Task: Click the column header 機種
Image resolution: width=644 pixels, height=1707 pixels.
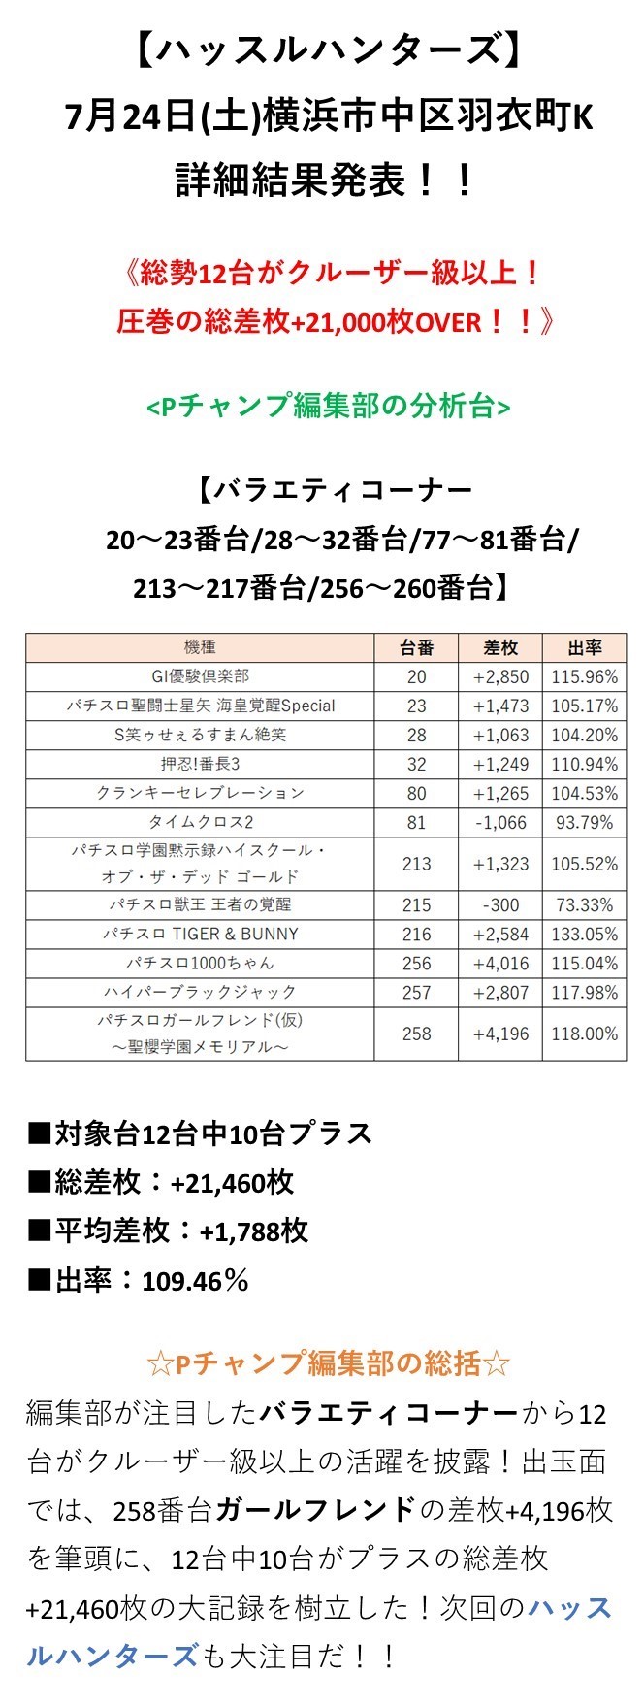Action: click(x=200, y=647)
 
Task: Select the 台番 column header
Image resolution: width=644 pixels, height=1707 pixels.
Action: click(x=416, y=647)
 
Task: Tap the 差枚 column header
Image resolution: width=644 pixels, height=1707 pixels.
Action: click(x=500, y=647)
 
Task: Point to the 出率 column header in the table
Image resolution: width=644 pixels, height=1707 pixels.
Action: click(x=584, y=647)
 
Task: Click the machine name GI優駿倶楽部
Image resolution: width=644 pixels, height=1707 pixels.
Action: click(x=200, y=676)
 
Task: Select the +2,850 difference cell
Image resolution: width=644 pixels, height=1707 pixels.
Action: click(x=500, y=676)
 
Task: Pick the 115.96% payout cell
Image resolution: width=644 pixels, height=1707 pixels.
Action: click(x=584, y=676)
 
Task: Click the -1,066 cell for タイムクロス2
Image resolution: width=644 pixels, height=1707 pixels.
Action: click(x=500, y=822)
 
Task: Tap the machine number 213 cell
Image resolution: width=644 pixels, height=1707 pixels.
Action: click(x=416, y=864)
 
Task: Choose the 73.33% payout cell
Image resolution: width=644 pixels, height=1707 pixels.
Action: click(x=584, y=905)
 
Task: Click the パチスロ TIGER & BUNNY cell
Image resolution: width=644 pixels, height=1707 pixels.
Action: click(x=200, y=934)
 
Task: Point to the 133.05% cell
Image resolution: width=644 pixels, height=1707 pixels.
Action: click(x=584, y=934)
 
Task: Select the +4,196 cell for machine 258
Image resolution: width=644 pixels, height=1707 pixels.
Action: click(x=500, y=1034)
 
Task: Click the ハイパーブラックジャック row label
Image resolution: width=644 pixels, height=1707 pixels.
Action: click(x=200, y=992)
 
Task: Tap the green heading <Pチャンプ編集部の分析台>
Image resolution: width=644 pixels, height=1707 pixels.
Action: click(x=328, y=406)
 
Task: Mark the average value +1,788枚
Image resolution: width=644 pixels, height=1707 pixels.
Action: click(x=253, y=1231)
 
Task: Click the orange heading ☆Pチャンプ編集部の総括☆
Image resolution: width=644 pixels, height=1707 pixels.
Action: click(x=328, y=1363)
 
